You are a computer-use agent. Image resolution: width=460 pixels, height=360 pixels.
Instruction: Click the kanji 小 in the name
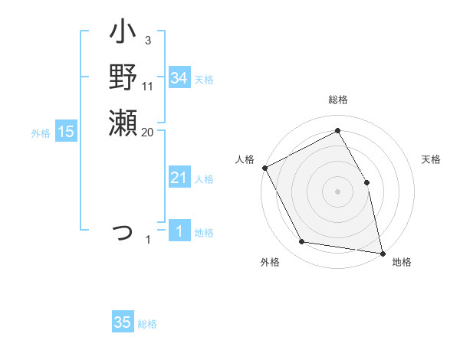123,34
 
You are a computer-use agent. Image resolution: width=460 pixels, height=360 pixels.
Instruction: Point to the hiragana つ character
123,232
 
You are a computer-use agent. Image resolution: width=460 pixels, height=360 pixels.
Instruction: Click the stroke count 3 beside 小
147,40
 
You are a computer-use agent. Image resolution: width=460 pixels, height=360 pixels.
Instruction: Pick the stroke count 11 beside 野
148,86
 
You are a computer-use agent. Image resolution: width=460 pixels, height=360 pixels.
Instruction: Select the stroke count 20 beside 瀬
147,132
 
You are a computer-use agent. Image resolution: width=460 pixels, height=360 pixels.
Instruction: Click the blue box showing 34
179,78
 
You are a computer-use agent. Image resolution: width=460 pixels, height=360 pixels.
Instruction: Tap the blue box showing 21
179,178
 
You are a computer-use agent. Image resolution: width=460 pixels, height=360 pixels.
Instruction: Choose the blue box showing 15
66,132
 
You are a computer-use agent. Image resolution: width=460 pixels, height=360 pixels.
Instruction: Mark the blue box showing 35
123,322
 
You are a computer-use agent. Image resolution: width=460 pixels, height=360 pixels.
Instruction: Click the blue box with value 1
179,231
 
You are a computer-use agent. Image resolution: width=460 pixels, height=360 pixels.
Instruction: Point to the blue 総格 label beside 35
147,324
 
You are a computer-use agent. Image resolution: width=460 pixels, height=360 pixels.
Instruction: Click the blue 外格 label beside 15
41,133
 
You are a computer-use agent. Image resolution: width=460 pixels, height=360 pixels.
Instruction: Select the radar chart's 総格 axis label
337,100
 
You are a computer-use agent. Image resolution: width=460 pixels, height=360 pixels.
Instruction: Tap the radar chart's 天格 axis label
431,159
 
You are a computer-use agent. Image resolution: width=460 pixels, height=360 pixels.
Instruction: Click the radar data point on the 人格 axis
264,168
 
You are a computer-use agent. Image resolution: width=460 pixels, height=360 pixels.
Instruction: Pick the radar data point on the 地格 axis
383,253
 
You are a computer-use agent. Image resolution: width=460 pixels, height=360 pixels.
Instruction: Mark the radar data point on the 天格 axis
366,182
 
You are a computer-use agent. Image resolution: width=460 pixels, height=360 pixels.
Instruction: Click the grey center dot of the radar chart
337,191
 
